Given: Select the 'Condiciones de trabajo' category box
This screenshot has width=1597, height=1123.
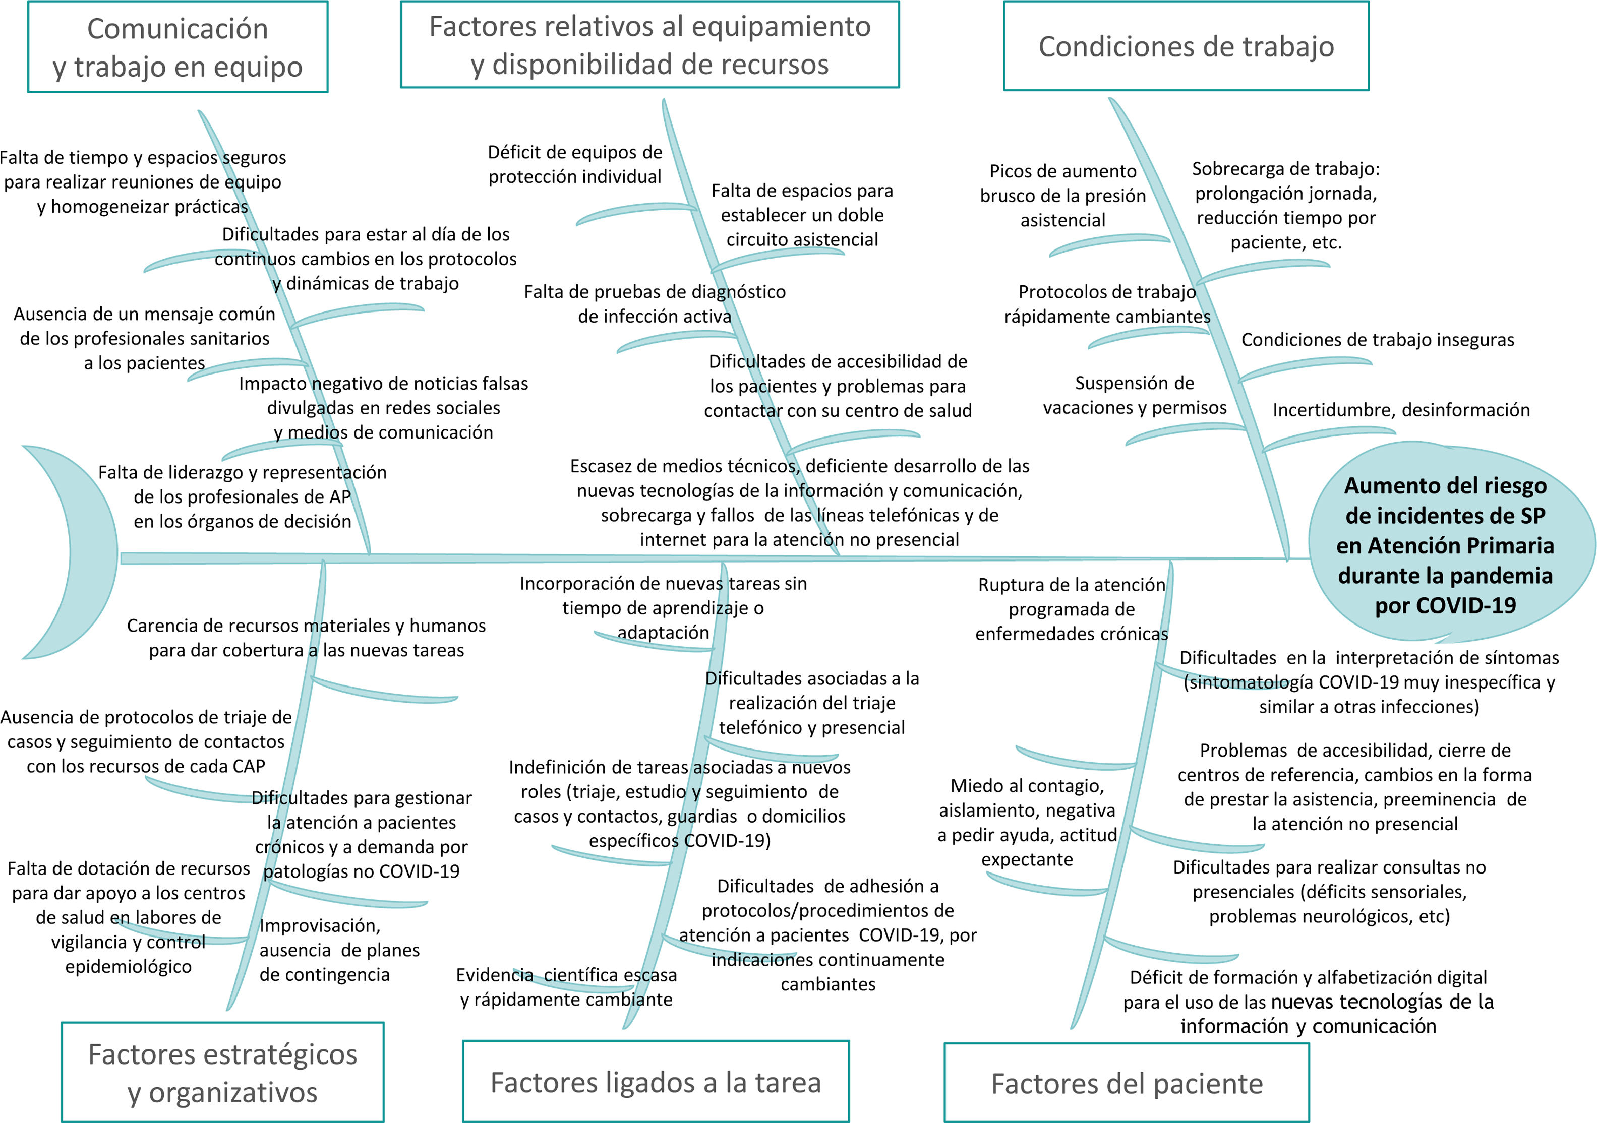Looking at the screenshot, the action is pyautogui.click(x=1186, y=46).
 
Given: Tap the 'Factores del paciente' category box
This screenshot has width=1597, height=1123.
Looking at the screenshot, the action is pyautogui.click(x=1126, y=1083).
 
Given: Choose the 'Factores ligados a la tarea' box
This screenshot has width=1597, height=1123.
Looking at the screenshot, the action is pyautogui.click(x=655, y=1082).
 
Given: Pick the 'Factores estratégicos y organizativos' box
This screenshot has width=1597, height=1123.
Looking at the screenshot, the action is pyautogui.click(x=222, y=1073).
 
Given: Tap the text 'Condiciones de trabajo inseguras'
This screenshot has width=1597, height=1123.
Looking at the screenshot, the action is pyautogui.click(x=1377, y=340).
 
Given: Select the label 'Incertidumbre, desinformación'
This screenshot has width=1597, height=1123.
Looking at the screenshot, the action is pyautogui.click(x=1401, y=410).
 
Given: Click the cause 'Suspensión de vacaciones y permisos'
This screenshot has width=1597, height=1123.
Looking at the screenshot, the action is pyautogui.click(x=1135, y=395).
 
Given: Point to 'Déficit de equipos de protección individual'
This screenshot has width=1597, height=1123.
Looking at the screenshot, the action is pyautogui.click(x=574, y=164).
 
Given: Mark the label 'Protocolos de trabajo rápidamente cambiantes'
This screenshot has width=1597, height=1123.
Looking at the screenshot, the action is pyautogui.click(x=1107, y=304).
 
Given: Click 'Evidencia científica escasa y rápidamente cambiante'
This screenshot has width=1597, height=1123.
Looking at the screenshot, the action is pyautogui.click(x=566, y=987).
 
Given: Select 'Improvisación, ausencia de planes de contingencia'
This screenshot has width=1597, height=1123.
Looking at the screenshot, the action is pyautogui.click(x=339, y=950).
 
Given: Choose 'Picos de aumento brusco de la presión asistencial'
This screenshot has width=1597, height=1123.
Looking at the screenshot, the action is pyautogui.click(x=1063, y=196).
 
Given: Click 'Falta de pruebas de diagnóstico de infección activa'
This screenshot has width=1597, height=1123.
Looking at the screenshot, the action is pyautogui.click(x=655, y=304).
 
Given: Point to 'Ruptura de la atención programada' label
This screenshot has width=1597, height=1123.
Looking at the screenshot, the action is pyautogui.click(x=1071, y=609).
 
